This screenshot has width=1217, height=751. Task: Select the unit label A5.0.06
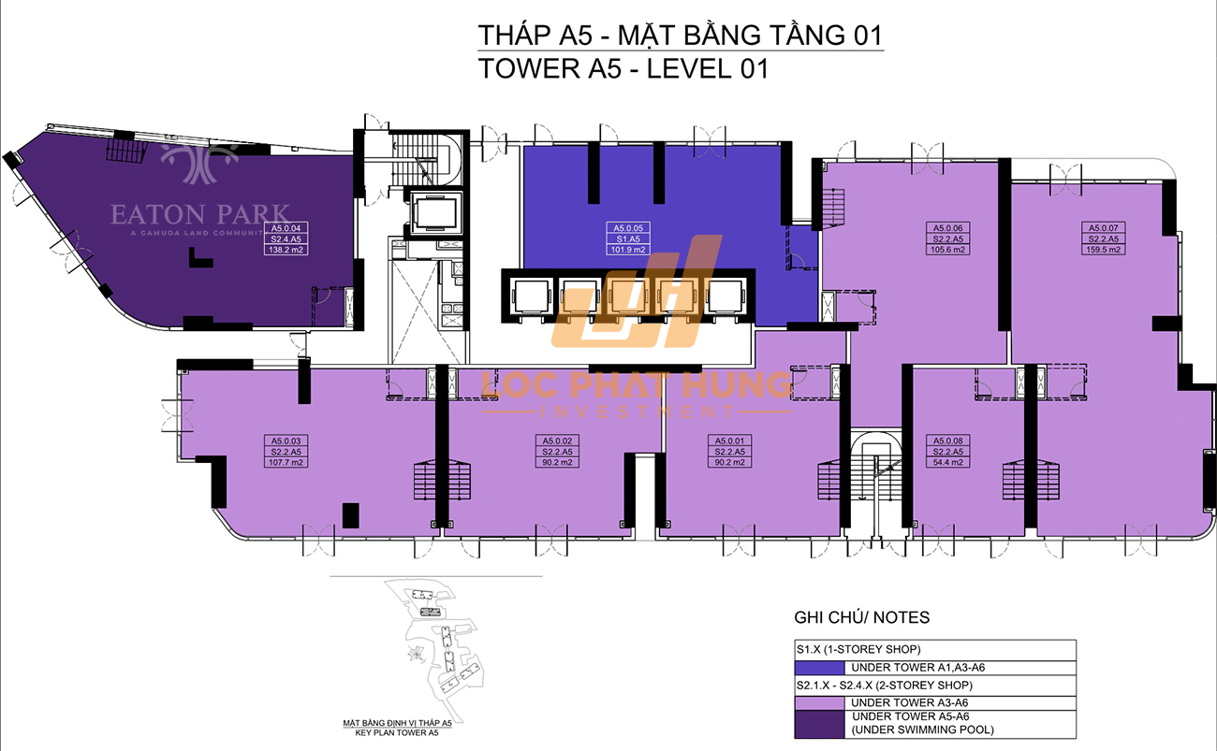pos(948,227)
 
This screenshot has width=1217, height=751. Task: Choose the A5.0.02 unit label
pos(559,440)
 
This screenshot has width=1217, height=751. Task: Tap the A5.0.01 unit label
pos(731,440)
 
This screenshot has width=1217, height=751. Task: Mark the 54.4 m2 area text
pos(948,462)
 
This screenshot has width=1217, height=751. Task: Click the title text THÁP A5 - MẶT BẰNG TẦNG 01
pos(680,35)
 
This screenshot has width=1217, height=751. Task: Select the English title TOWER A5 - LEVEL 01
pos(623,68)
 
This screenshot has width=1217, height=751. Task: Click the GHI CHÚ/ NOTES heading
pos(861,617)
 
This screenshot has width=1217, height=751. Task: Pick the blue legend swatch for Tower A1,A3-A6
pos(818,668)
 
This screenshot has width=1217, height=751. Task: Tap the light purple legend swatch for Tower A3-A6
pos(818,701)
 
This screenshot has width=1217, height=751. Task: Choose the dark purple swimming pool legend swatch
pos(818,723)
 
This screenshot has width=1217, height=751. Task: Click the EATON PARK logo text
pos(200,214)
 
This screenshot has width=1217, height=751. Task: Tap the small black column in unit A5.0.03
pos(350,515)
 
